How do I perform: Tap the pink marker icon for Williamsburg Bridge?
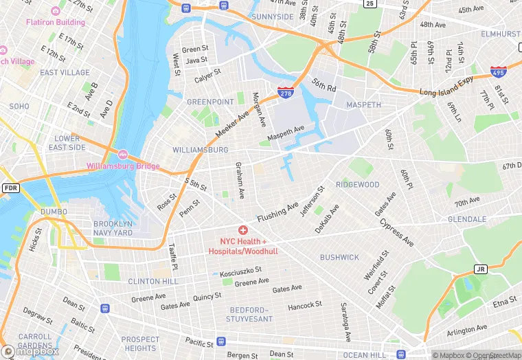point(123,154)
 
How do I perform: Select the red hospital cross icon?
point(242,229)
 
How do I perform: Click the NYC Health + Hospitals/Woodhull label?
point(242,246)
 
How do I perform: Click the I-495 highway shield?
point(499,71)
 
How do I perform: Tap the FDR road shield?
point(10,188)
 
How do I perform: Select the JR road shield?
point(481,269)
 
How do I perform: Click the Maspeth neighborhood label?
point(364,105)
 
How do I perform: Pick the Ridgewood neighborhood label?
point(357,185)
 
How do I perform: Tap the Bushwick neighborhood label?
point(339,257)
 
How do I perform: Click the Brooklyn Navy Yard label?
point(113,228)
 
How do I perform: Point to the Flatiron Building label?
point(56,22)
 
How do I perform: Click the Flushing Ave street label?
point(278,212)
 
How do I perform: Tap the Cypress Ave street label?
point(397,234)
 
